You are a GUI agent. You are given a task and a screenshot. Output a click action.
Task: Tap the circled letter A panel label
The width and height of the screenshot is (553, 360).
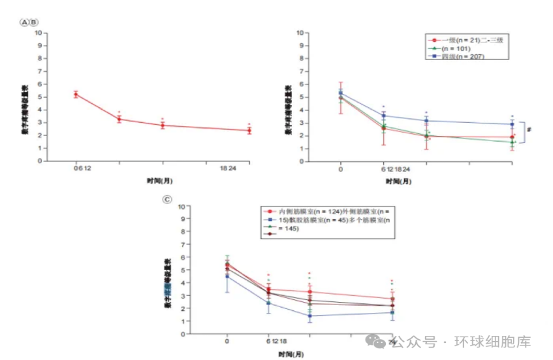(25, 22)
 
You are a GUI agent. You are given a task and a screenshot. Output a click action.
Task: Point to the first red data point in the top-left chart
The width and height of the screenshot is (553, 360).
(76, 94)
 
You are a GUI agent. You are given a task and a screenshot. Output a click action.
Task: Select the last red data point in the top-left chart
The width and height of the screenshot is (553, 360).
(249, 130)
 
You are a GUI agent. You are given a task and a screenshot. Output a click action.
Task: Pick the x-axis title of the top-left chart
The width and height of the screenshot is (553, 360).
(160, 180)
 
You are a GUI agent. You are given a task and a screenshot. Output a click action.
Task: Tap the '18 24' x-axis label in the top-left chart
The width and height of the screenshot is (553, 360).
(228, 169)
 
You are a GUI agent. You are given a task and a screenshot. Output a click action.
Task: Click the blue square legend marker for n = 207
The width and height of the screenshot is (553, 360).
(432, 57)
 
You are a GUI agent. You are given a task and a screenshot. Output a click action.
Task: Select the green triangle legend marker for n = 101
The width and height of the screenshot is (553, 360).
(432, 48)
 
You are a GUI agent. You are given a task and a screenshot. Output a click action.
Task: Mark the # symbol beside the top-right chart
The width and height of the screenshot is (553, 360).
(529, 129)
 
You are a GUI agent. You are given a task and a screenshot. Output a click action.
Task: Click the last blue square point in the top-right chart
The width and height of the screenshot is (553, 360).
(512, 124)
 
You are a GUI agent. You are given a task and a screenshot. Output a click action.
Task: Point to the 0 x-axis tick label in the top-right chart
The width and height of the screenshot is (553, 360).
(340, 169)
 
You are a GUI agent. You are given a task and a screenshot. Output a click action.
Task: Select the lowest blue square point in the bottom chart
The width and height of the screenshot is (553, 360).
(309, 316)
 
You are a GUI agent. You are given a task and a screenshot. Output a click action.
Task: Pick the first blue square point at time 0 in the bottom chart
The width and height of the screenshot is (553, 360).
(227, 276)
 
